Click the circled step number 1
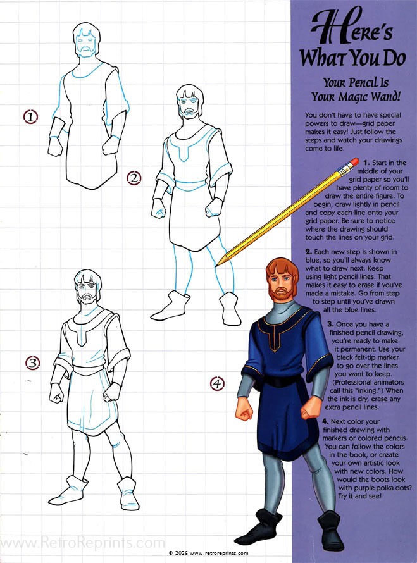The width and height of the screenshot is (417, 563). pos(30,116)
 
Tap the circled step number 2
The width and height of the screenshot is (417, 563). pos(134,178)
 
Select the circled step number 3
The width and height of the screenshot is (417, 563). pos(33,363)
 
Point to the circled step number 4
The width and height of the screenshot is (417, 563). pos(217,383)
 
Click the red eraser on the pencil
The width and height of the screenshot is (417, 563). pos(354,162)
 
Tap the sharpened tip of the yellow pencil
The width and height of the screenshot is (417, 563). pos(216,266)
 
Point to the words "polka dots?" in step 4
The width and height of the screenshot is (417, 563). pos(393,488)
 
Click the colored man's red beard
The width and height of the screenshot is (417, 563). pos(282,294)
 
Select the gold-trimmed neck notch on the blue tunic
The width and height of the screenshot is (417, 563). pos(275,340)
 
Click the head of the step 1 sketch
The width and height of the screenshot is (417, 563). pos(86,40)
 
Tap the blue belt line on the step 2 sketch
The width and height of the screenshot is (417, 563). pos(190,186)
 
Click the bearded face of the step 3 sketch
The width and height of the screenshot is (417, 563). pos(87,291)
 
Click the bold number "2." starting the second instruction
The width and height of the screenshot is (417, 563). pos(309,252)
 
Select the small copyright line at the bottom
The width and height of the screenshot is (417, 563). pos(208,553)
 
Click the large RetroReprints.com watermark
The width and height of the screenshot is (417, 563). pos(83,543)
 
